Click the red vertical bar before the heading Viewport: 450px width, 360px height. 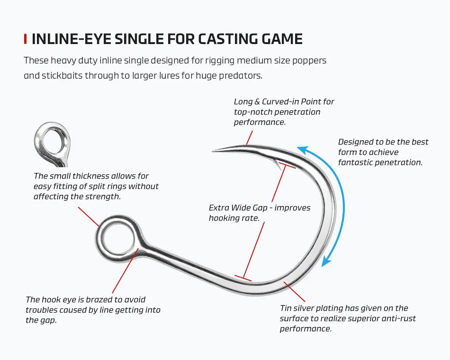tap(25, 39)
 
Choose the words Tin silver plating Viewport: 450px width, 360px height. tap(312, 308)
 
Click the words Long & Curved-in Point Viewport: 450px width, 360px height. tap(284, 101)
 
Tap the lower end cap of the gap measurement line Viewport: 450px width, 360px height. tap(243, 277)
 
